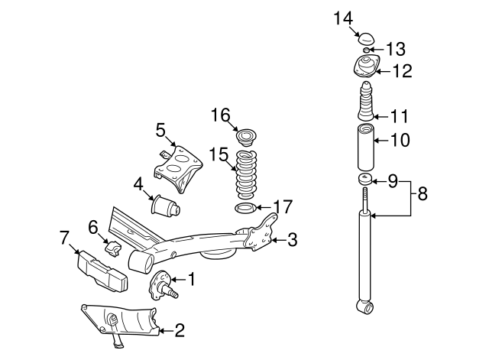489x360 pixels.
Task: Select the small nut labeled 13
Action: coord(367,50)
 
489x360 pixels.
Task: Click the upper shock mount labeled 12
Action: coord(364,69)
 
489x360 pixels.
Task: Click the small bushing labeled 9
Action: coord(364,180)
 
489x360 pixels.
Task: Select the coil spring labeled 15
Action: coord(244,174)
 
